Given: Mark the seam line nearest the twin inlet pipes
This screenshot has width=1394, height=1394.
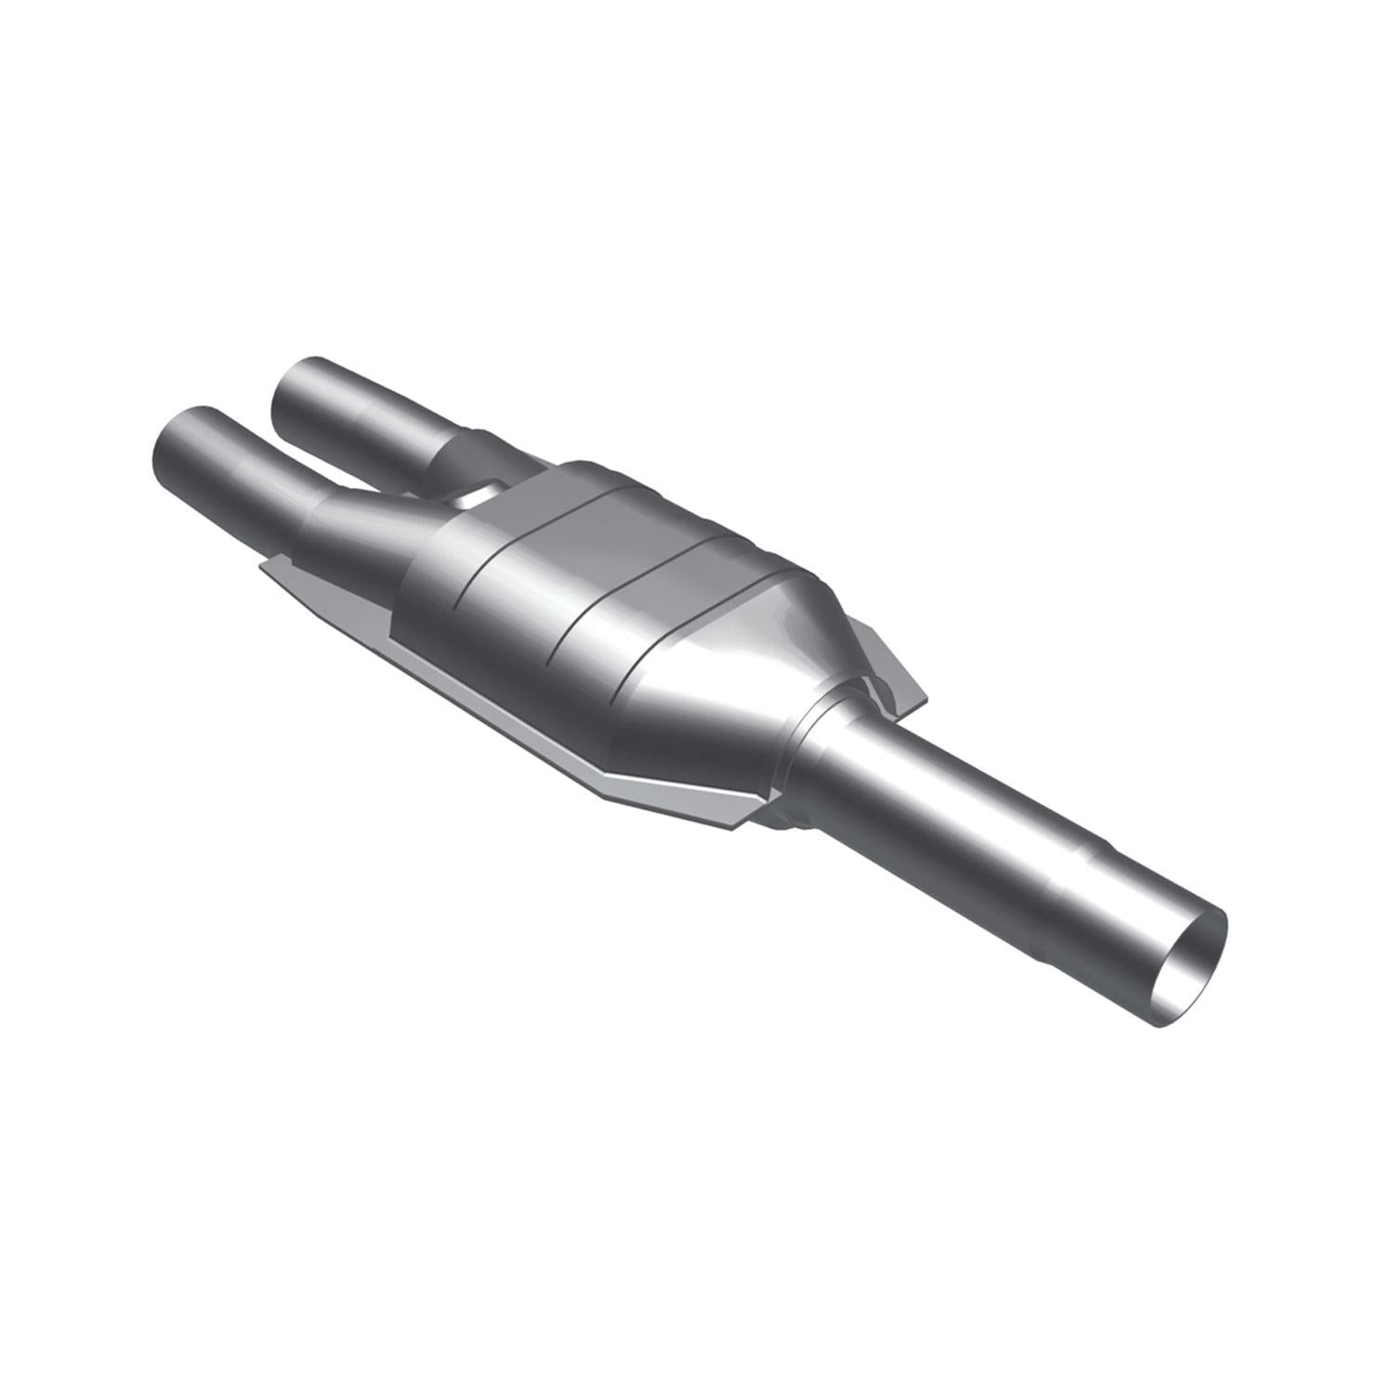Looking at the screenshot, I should pos(502,558).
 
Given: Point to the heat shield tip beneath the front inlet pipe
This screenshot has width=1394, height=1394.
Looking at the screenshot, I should pos(270,569).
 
